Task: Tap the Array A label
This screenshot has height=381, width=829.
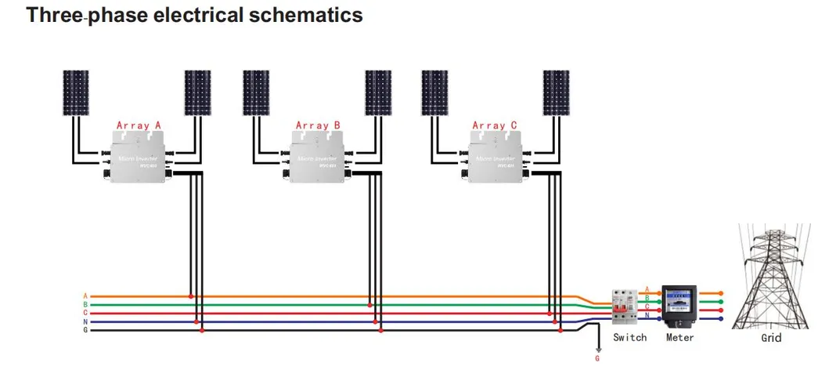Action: click(x=139, y=125)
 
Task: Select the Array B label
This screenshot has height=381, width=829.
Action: click(x=318, y=125)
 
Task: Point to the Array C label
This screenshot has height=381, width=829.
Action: click(x=495, y=125)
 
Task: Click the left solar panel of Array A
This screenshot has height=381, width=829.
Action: click(x=77, y=93)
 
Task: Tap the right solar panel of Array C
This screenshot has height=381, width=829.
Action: click(x=557, y=93)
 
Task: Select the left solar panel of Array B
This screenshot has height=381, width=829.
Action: click(x=256, y=93)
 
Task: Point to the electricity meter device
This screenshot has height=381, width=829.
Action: click(x=678, y=307)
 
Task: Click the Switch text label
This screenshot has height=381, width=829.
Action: click(x=629, y=337)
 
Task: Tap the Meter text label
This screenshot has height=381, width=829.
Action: click(x=679, y=337)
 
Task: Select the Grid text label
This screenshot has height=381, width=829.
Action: click(x=771, y=338)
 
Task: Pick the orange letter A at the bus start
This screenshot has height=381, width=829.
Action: click(x=85, y=296)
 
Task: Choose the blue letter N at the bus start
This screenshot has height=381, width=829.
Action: click(x=85, y=321)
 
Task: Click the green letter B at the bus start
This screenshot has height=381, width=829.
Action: click(x=85, y=304)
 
